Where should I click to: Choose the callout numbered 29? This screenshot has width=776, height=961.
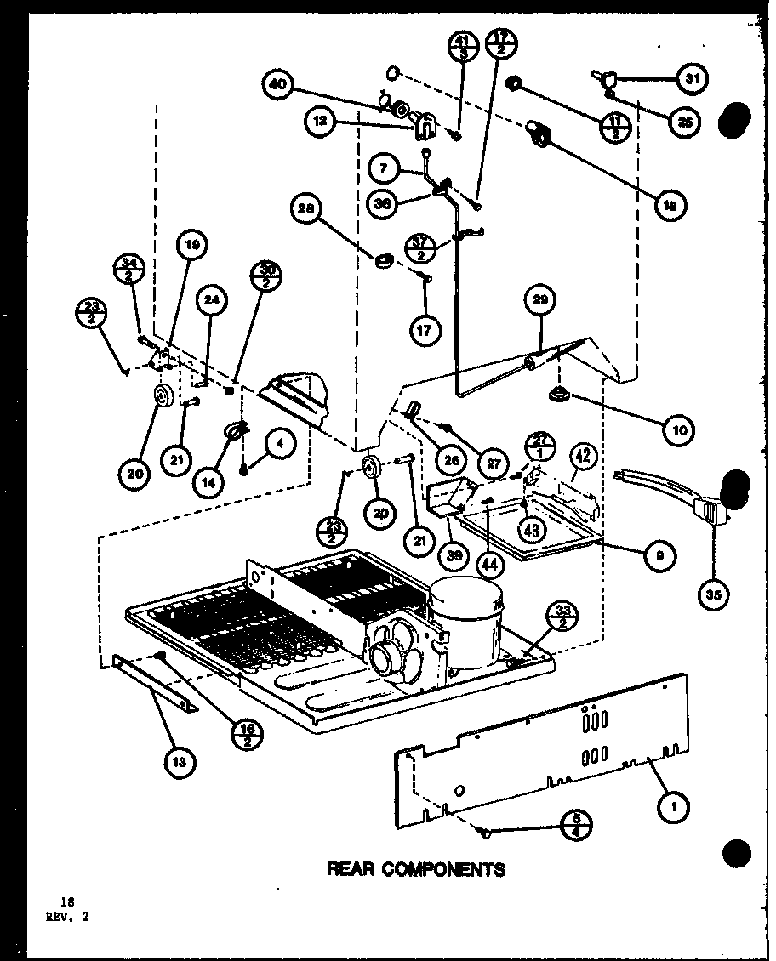pyautogui.click(x=541, y=299)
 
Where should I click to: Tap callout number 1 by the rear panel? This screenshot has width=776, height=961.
pyautogui.click(x=675, y=807)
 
